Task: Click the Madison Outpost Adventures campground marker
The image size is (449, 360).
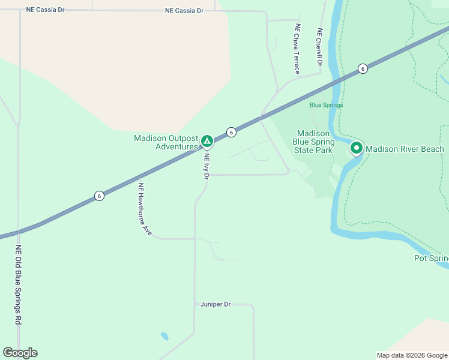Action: tap(206, 142)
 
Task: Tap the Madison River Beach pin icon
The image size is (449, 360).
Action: tap(356, 148)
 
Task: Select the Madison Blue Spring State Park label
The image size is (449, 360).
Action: tap(313, 142)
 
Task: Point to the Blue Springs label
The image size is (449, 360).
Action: tap(326, 105)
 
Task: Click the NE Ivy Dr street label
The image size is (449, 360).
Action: tap(206, 166)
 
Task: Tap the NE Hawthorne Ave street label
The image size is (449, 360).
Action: tap(145, 208)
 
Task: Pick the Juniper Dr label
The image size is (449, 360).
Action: tap(215, 304)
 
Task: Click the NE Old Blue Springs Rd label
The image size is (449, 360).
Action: tap(19, 285)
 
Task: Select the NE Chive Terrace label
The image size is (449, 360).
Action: tap(297, 49)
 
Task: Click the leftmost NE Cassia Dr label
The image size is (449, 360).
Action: tap(45, 10)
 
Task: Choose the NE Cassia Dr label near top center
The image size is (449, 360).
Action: tap(184, 10)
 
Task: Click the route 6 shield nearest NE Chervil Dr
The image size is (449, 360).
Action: tap(363, 68)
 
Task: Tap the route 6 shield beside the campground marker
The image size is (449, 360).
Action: tap(231, 132)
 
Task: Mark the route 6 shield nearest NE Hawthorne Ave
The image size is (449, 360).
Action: tap(99, 196)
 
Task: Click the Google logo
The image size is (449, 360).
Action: tap(20, 353)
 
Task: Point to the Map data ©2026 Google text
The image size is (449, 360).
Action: tap(412, 355)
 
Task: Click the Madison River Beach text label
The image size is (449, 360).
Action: tap(405, 149)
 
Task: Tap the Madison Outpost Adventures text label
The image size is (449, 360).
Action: tap(166, 142)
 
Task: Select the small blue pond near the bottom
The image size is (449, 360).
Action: tap(164, 336)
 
